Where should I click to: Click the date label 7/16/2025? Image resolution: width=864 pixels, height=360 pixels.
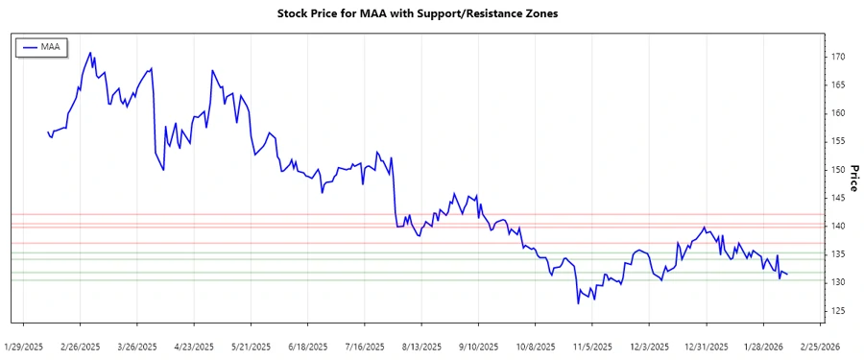[x=364, y=346]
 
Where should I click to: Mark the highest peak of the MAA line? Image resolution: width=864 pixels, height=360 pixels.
[x=90, y=53]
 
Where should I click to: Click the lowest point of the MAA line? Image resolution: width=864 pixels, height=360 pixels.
[x=578, y=303]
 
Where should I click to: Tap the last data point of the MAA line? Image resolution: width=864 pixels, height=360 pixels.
[x=787, y=276]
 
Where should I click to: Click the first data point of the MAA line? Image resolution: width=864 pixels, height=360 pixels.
[x=48, y=132]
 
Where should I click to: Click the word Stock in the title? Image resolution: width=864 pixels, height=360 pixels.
[x=294, y=13]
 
